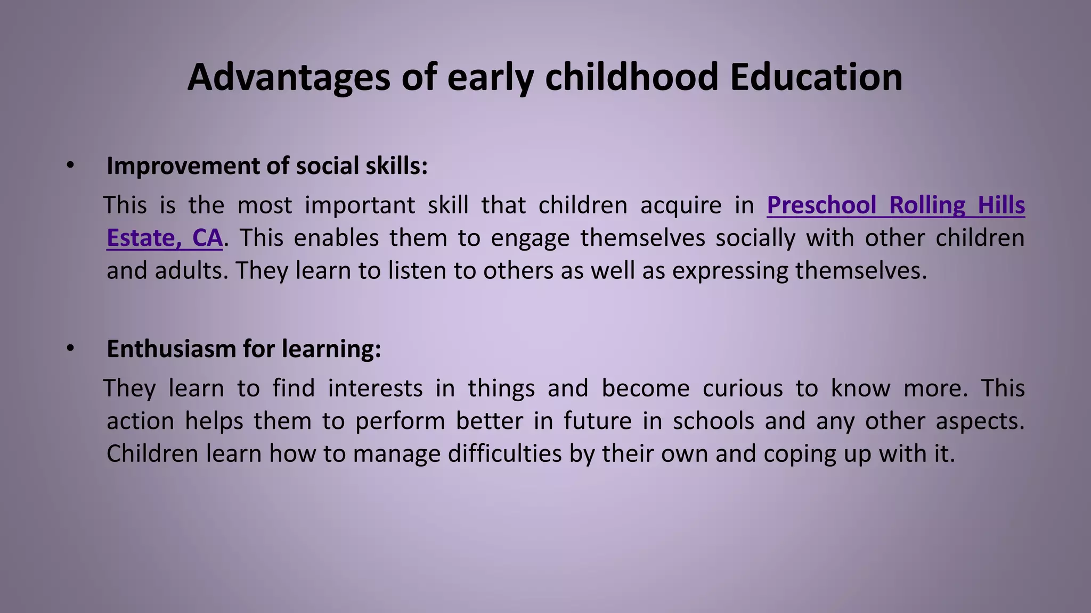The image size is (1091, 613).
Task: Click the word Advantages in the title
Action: click(x=289, y=77)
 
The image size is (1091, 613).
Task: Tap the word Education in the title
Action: click(x=816, y=77)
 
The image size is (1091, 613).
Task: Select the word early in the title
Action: click(x=490, y=77)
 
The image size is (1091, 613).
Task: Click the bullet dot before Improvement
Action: click(x=70, y=165)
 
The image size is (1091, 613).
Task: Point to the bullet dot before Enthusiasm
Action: click(x=70, y=349)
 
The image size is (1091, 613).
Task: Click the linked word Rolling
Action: click(x=927, y=205)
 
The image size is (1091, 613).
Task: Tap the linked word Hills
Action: click(x=1002, y=205)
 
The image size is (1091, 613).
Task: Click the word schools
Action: click(x=713, y=421)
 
